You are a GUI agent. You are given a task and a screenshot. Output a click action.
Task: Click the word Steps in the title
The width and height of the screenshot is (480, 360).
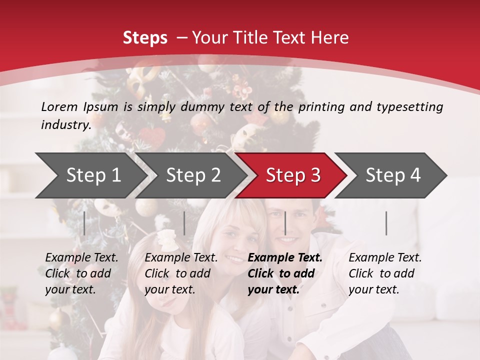pos(145,38)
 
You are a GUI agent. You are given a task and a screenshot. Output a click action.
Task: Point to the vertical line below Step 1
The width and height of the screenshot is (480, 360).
pos(84,223)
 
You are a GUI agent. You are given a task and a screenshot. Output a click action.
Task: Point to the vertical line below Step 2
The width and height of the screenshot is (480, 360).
pos(184,223)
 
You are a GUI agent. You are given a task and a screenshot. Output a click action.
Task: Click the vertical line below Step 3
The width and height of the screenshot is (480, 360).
pos(285,223)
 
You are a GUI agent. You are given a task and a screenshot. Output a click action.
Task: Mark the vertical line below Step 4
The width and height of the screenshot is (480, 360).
pos(386,223)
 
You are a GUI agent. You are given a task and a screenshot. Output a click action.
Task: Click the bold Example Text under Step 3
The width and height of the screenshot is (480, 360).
pos(285,258)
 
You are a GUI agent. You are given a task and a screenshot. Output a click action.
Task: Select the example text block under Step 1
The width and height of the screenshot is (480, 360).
pos(81,273)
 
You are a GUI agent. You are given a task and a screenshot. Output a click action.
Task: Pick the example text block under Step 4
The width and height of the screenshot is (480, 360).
pos(385,273)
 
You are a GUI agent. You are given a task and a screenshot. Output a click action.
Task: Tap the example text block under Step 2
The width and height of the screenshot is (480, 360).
pos(181,273)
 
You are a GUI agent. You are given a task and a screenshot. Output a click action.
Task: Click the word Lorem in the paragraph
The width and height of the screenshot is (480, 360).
pos(59,106)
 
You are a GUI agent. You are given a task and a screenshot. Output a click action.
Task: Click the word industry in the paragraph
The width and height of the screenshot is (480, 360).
pos(65,125)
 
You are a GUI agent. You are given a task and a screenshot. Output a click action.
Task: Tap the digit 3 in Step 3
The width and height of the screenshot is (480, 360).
pos(315,175)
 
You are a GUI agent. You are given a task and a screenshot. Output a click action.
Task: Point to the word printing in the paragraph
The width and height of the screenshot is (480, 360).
pos(321,107)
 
